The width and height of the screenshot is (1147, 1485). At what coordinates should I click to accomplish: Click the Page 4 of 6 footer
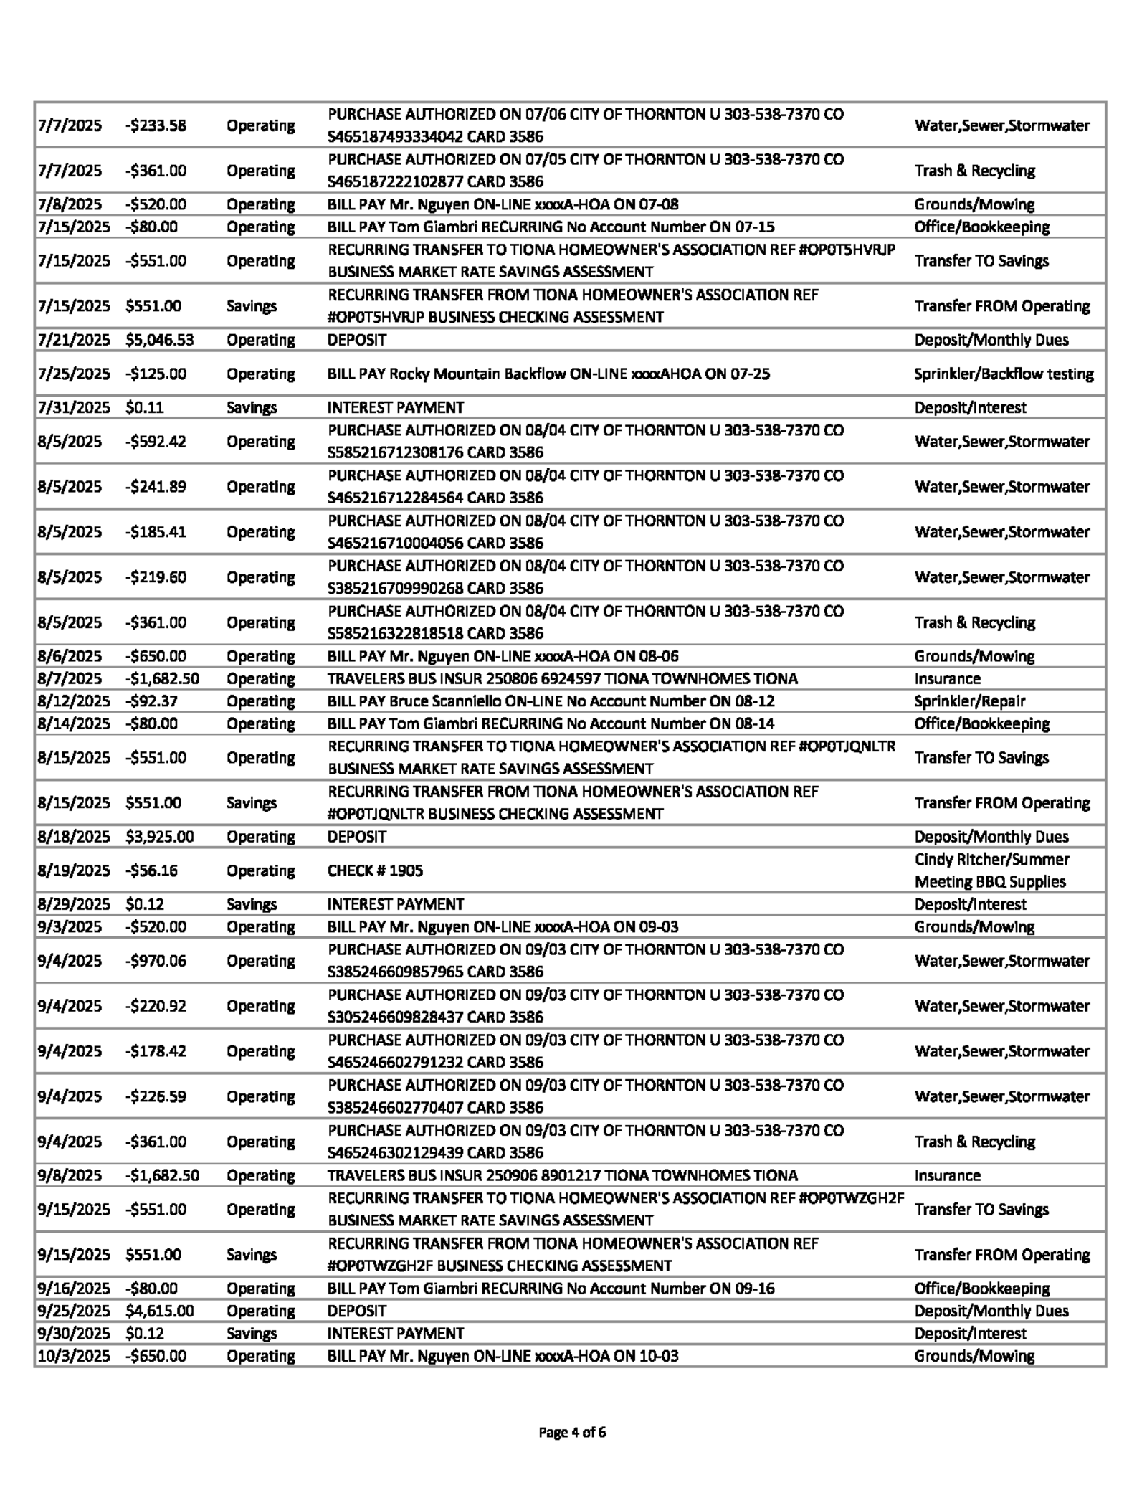click(x=572, y=1433)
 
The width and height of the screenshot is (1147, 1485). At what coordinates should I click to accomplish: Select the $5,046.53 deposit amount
click(x=159, y=340)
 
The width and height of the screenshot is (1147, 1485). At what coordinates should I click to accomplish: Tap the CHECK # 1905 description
click(x=375, y=870)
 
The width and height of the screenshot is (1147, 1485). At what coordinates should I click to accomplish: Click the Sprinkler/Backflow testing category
click(x=1004, y=374)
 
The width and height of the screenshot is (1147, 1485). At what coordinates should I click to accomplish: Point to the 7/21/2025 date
click(x=74, y=340)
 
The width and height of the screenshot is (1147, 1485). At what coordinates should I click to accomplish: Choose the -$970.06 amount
click(x=156, y=961)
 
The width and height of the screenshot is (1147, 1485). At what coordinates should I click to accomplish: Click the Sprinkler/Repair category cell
click(x=969, y=701)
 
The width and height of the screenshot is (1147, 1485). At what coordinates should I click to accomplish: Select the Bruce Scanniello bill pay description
click(x=551, y=701)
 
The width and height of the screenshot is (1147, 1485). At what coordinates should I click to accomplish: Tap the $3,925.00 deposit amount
click(x=159, y=837)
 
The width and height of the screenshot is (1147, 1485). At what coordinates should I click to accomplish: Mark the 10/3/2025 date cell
click(x=74, y=1356)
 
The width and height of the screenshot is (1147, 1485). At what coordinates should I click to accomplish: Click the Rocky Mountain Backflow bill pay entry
click(x=548, y=374)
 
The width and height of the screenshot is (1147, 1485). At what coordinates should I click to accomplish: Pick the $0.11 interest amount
click(x=145, y=407)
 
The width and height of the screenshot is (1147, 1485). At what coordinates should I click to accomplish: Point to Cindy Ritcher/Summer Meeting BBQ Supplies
click(x=991, y=870)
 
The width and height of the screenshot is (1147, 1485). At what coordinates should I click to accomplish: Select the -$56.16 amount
click(x=151, y=870)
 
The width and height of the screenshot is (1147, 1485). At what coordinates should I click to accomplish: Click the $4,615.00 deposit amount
click(x=159, y=1311)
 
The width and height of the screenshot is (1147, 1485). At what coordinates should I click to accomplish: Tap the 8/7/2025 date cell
click(x=70, y=678)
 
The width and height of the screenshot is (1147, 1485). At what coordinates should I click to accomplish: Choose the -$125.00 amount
click(x=156, y=374)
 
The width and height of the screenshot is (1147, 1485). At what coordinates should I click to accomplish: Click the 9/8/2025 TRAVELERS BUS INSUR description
click(x=562, y=1175)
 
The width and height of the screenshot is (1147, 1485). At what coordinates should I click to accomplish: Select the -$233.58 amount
click(x=156, y=125)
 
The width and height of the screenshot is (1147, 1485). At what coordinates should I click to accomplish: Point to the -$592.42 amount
click(x=156, y=442)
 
